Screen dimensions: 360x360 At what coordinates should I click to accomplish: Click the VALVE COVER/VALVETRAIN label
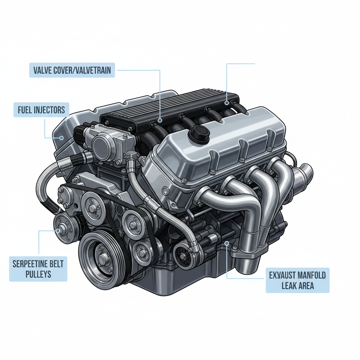click(x=72, y=70)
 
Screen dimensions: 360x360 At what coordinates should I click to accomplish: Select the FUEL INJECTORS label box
click(x=41, y=110)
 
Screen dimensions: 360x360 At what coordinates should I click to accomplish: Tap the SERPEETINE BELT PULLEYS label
click(x=38, y=269)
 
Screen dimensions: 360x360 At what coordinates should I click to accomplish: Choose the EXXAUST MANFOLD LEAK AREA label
click(x=297, y=280)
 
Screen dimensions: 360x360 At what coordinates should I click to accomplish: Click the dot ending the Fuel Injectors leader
click(x=61, y=138)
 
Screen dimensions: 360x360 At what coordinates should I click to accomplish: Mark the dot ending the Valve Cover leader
click(x=160, y=120)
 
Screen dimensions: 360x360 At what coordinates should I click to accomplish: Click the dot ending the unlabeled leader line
click(x=227, y=103)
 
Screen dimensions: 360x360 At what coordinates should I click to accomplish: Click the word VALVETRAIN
click(x=92, y=70)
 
